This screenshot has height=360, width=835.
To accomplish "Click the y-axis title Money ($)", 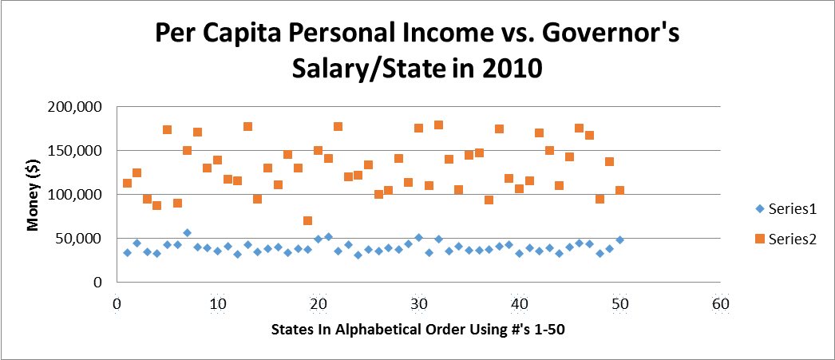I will pyautogui.click(x=34, y=194).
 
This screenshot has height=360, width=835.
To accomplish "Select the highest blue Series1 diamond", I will pyautogui.click(x=187, y=233).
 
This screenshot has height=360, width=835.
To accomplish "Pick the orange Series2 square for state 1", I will pyautogui.click(x=127, y=184).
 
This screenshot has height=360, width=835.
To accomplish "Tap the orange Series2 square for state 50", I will pyautogui.click(x=619, y=190).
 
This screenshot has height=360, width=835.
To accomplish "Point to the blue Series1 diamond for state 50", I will pyautogui.click(x=619, y=239).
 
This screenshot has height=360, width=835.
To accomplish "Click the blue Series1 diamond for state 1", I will pyautogui.click(x=127, y=252).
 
